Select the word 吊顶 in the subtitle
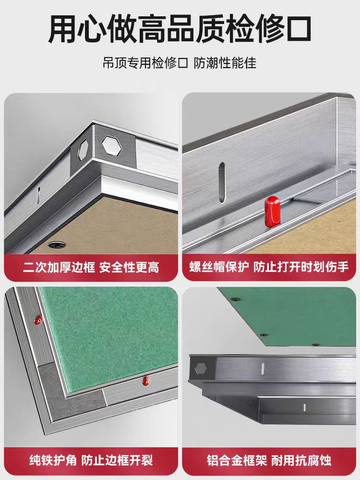[114, 63]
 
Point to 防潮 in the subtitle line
[206, 63]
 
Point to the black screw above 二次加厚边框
[56, 244]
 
